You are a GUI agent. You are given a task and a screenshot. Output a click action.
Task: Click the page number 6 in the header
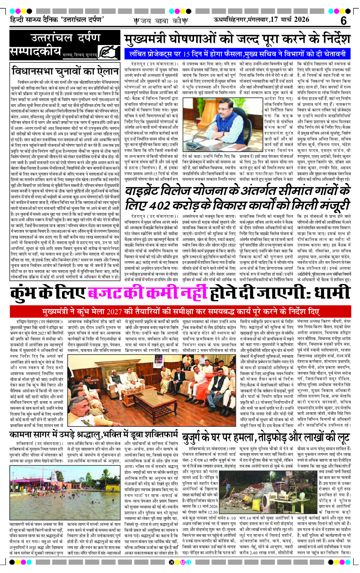pos(343,21)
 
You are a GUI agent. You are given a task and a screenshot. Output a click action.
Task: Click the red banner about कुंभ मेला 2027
pos(180,311)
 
